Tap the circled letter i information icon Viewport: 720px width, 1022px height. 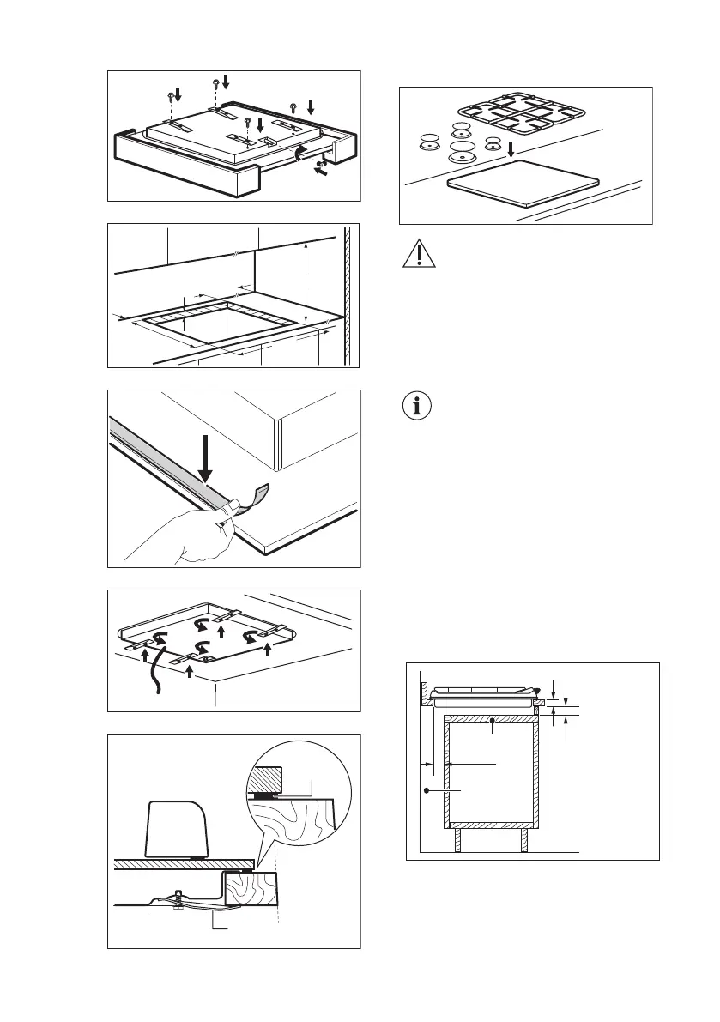(x=418, y=406)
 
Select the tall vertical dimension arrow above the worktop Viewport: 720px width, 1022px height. (x=306, y=280)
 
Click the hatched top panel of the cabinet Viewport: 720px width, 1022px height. (x=491, y=719)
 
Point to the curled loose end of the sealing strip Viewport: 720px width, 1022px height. (x=253, y=496)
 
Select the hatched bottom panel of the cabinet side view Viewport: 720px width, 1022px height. (x=492, y=825)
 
